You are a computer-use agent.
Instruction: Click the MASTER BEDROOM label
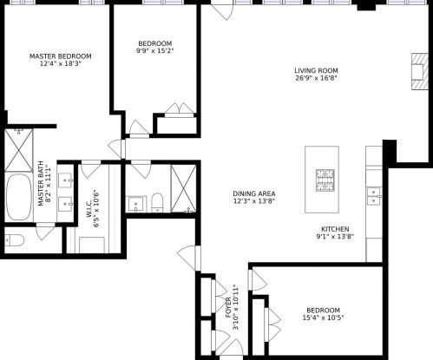(60, 56)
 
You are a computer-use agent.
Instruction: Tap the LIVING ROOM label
(315, 71)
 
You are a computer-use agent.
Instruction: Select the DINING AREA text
(253, 193)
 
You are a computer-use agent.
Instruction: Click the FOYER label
(228, 308)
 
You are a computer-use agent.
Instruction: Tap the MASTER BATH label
(41, 183)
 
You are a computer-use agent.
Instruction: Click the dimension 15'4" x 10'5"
(322, 318)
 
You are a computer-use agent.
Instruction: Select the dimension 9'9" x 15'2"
(154, 51)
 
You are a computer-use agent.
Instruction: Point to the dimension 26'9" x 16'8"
(315, 78)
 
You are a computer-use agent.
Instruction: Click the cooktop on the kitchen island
(325, 180)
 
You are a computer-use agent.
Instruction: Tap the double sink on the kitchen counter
(374, 194)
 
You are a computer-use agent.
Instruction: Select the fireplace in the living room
(419, 74)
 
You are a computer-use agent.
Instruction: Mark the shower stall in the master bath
(18, 148)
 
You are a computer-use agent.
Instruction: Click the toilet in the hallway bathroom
(157, 203)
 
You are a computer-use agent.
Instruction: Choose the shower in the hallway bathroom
(183, 187)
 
